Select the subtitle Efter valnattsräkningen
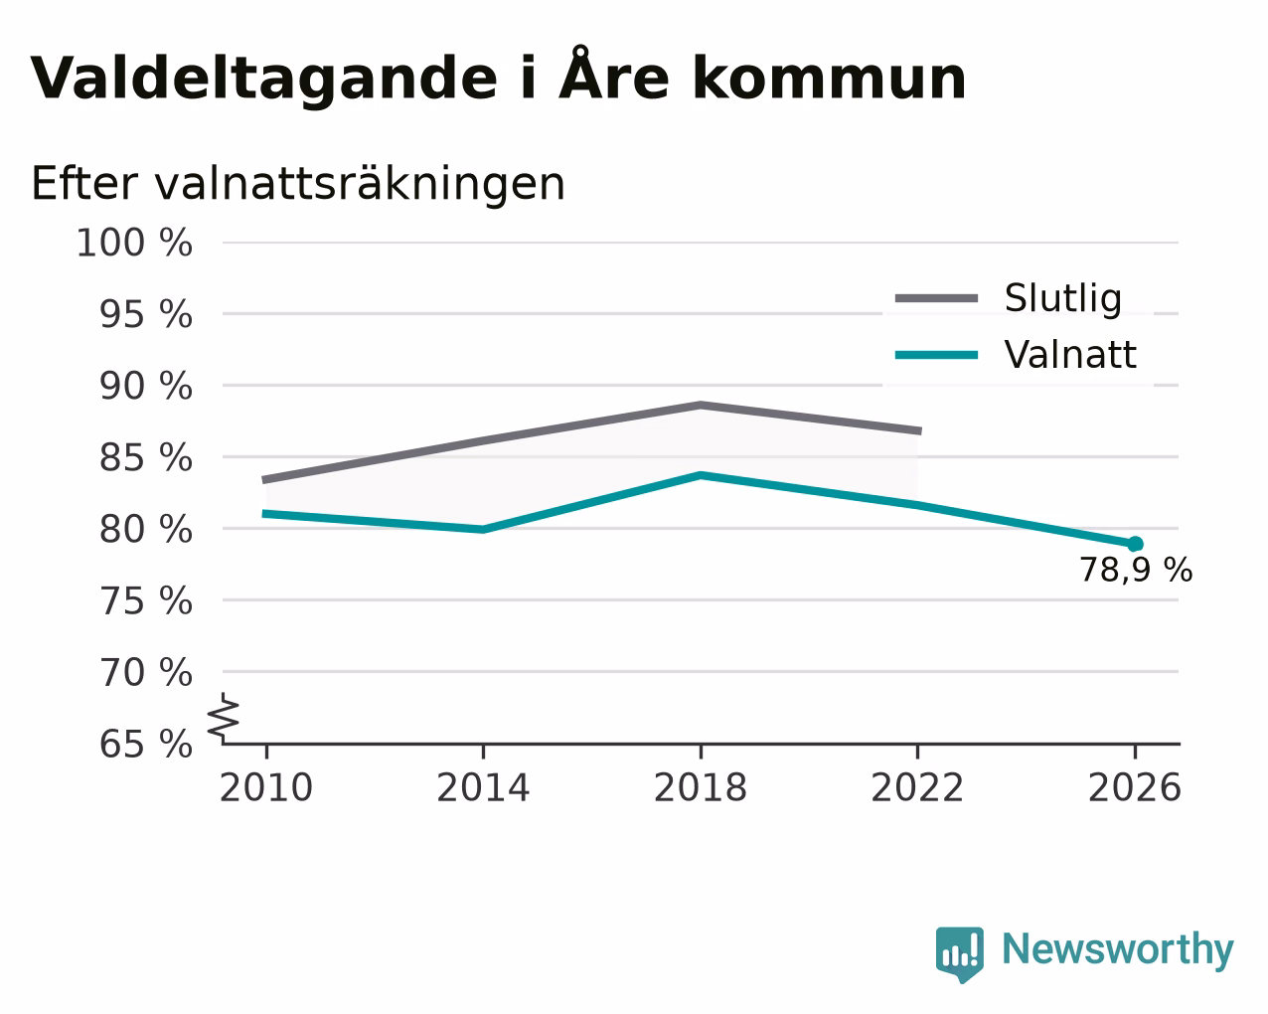[x=298, y=184]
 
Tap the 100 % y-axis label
[x=134, y=243]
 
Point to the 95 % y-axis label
[x=145, y=313]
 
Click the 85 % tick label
[x=145, y=457]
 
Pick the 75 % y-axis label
[x=145, y=600]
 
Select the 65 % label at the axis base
[x=145, y=744]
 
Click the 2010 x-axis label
[x=266, y=787]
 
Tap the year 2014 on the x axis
[x=483, y=787]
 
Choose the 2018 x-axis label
[x=701, y=787]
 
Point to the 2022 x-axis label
[x=917, y=787]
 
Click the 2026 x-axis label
[x=1135, y=787]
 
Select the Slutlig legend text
[x=1063, y=298]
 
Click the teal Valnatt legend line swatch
[x=936, y=355]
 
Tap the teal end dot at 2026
[x=1135, y=544]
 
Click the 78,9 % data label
[x=1136, y=570]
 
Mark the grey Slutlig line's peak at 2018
[x=701, y=405]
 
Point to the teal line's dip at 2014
[x=483, y=530]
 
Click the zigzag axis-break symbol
[x=224, y=718]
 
